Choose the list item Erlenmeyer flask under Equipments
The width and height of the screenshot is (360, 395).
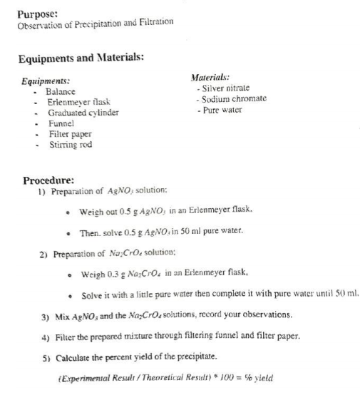[79, 103]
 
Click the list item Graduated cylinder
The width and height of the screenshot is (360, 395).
[83, 113]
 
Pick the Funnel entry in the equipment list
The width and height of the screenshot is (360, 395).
[61, 123]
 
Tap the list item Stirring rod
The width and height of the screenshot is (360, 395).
[71, 143]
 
